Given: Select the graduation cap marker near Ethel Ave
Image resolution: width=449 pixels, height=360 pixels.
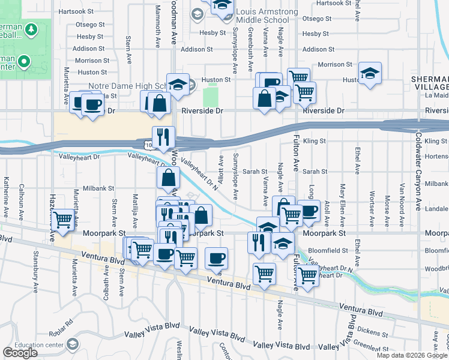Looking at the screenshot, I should (370, 74).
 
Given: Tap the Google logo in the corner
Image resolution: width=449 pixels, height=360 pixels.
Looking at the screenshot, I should (20, 353).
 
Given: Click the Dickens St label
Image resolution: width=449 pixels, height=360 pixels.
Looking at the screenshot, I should (372, 331).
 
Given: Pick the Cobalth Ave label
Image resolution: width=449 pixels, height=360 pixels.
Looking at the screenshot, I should (106, 281).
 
